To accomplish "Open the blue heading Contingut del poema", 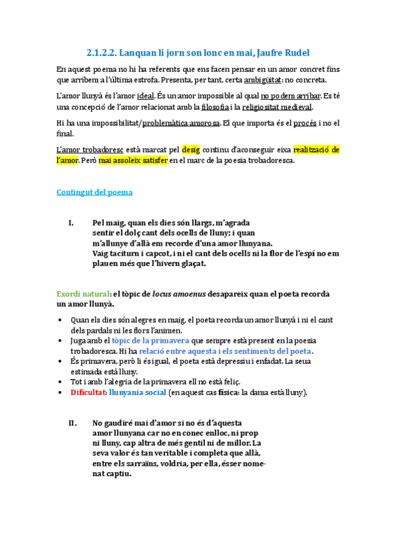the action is (x=95, y=192).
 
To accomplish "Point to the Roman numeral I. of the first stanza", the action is (x=71, y=223).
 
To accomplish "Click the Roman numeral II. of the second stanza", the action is (x=73, y=423).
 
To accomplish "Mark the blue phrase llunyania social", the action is (x=137, y=392).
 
